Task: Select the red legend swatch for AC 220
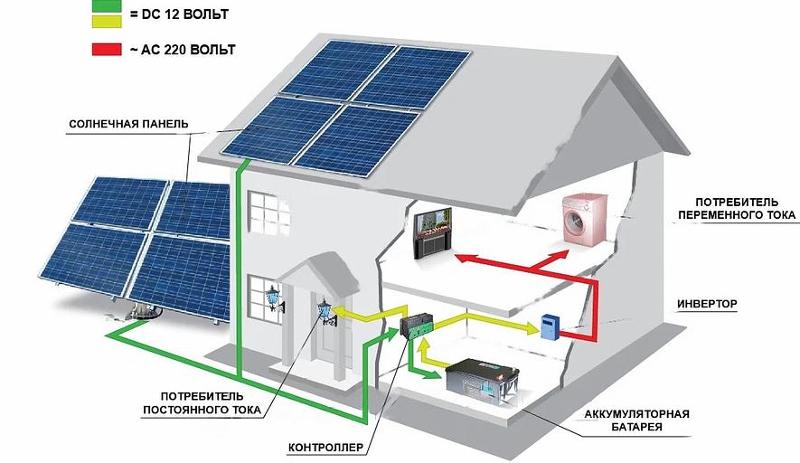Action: [107, 50]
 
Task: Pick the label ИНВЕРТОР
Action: [708, 303]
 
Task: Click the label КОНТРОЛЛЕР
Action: [325, 447]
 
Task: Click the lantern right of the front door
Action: [324, 310]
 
